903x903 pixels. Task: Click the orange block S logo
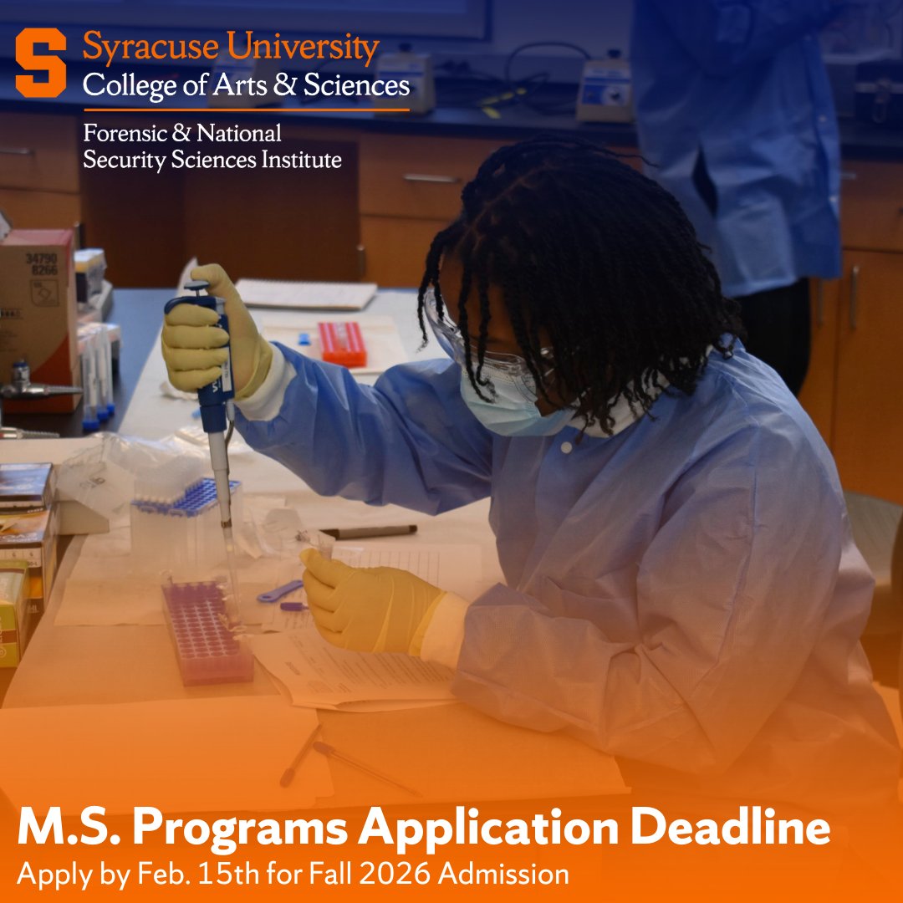40,63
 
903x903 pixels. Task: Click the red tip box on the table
342,343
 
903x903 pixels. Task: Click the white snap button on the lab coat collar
568,449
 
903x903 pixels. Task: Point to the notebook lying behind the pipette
306,293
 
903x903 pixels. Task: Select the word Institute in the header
300,159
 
